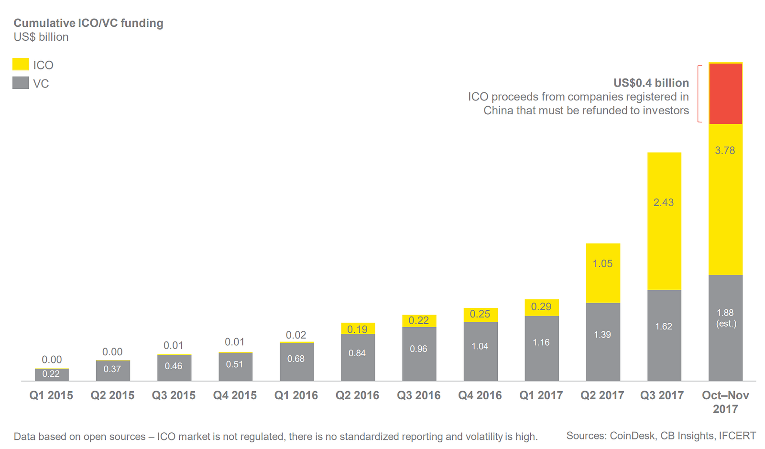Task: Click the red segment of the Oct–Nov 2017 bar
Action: (x=725, y=94)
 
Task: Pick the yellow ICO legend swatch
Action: (x=21, y=65)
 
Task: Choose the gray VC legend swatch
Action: (x=21, y=83)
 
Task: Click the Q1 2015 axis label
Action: (x=51, y=395)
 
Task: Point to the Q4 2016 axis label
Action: (x=480, y=395)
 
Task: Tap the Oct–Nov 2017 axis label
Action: (x=725, y=402)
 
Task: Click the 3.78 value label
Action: (x=725, y=151)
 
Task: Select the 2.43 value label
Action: (x=664, y=203)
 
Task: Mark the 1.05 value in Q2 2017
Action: (x=602, y=264)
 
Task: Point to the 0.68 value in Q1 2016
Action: (x=296, y=359)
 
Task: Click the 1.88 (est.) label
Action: (x=725, y=318)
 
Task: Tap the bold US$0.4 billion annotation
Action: (x=651, y=83)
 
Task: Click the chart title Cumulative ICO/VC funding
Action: (x=88, y=23)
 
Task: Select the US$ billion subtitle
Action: (x=41, y=37)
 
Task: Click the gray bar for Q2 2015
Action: (x=113, y=371)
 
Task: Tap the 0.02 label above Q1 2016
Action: (x=296, y=335)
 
